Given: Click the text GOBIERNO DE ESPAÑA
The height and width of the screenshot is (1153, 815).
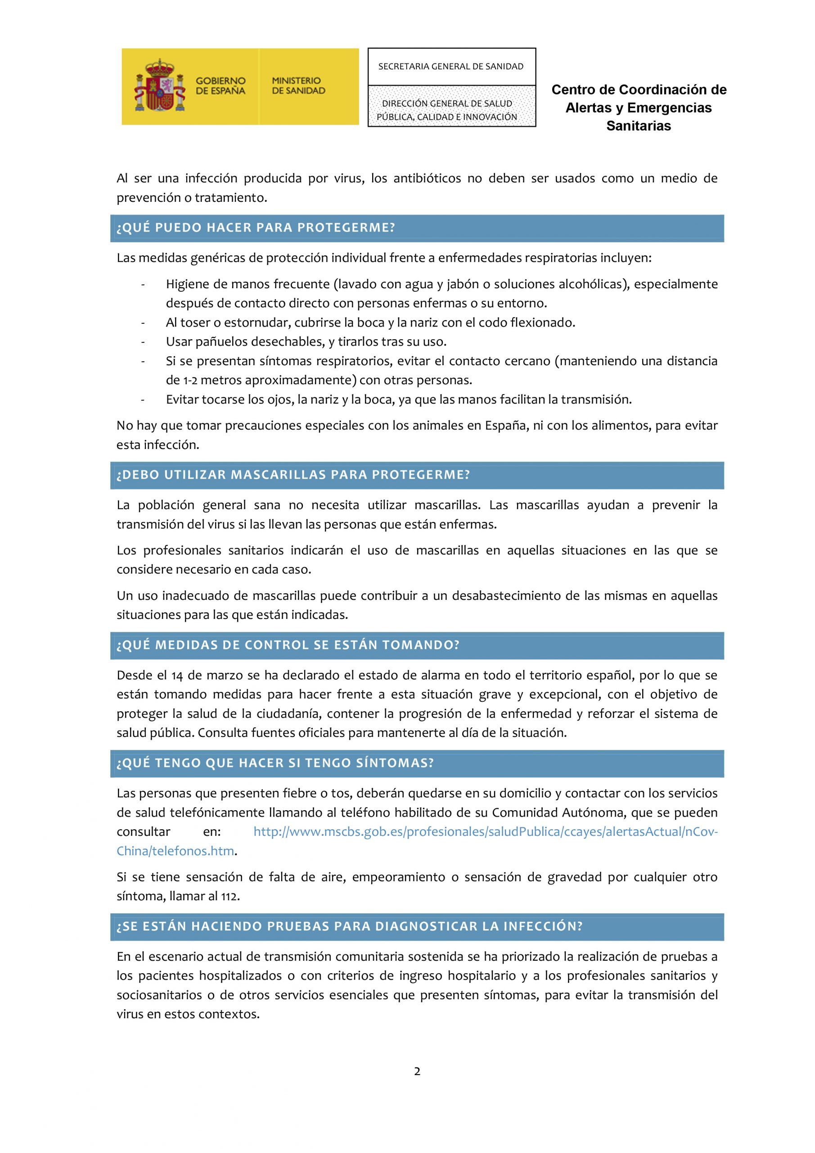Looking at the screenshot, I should (221, 86).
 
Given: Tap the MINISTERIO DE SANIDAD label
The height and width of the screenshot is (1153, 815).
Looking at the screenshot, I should (299, 86).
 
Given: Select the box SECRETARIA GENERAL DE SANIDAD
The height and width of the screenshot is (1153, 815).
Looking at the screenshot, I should (451, 66).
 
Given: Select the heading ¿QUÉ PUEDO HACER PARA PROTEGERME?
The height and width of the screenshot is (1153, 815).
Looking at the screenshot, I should (256, 228).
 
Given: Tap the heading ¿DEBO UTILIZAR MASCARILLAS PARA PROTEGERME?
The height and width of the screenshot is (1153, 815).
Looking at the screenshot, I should (293, 475).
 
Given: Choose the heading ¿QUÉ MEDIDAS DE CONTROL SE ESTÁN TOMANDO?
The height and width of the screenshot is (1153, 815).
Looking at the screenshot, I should (288, 645).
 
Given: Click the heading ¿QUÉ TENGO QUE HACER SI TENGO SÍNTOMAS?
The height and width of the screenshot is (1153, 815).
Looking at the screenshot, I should (275, 763).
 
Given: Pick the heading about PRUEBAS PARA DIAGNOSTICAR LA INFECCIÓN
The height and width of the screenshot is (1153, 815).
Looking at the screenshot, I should (349, 926).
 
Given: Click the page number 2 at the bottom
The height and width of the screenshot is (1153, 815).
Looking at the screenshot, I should (417, 1071).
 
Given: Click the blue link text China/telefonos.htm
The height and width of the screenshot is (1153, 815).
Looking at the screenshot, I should (175, 851).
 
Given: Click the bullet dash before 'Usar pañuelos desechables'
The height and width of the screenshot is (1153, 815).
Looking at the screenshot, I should (144, 342).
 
